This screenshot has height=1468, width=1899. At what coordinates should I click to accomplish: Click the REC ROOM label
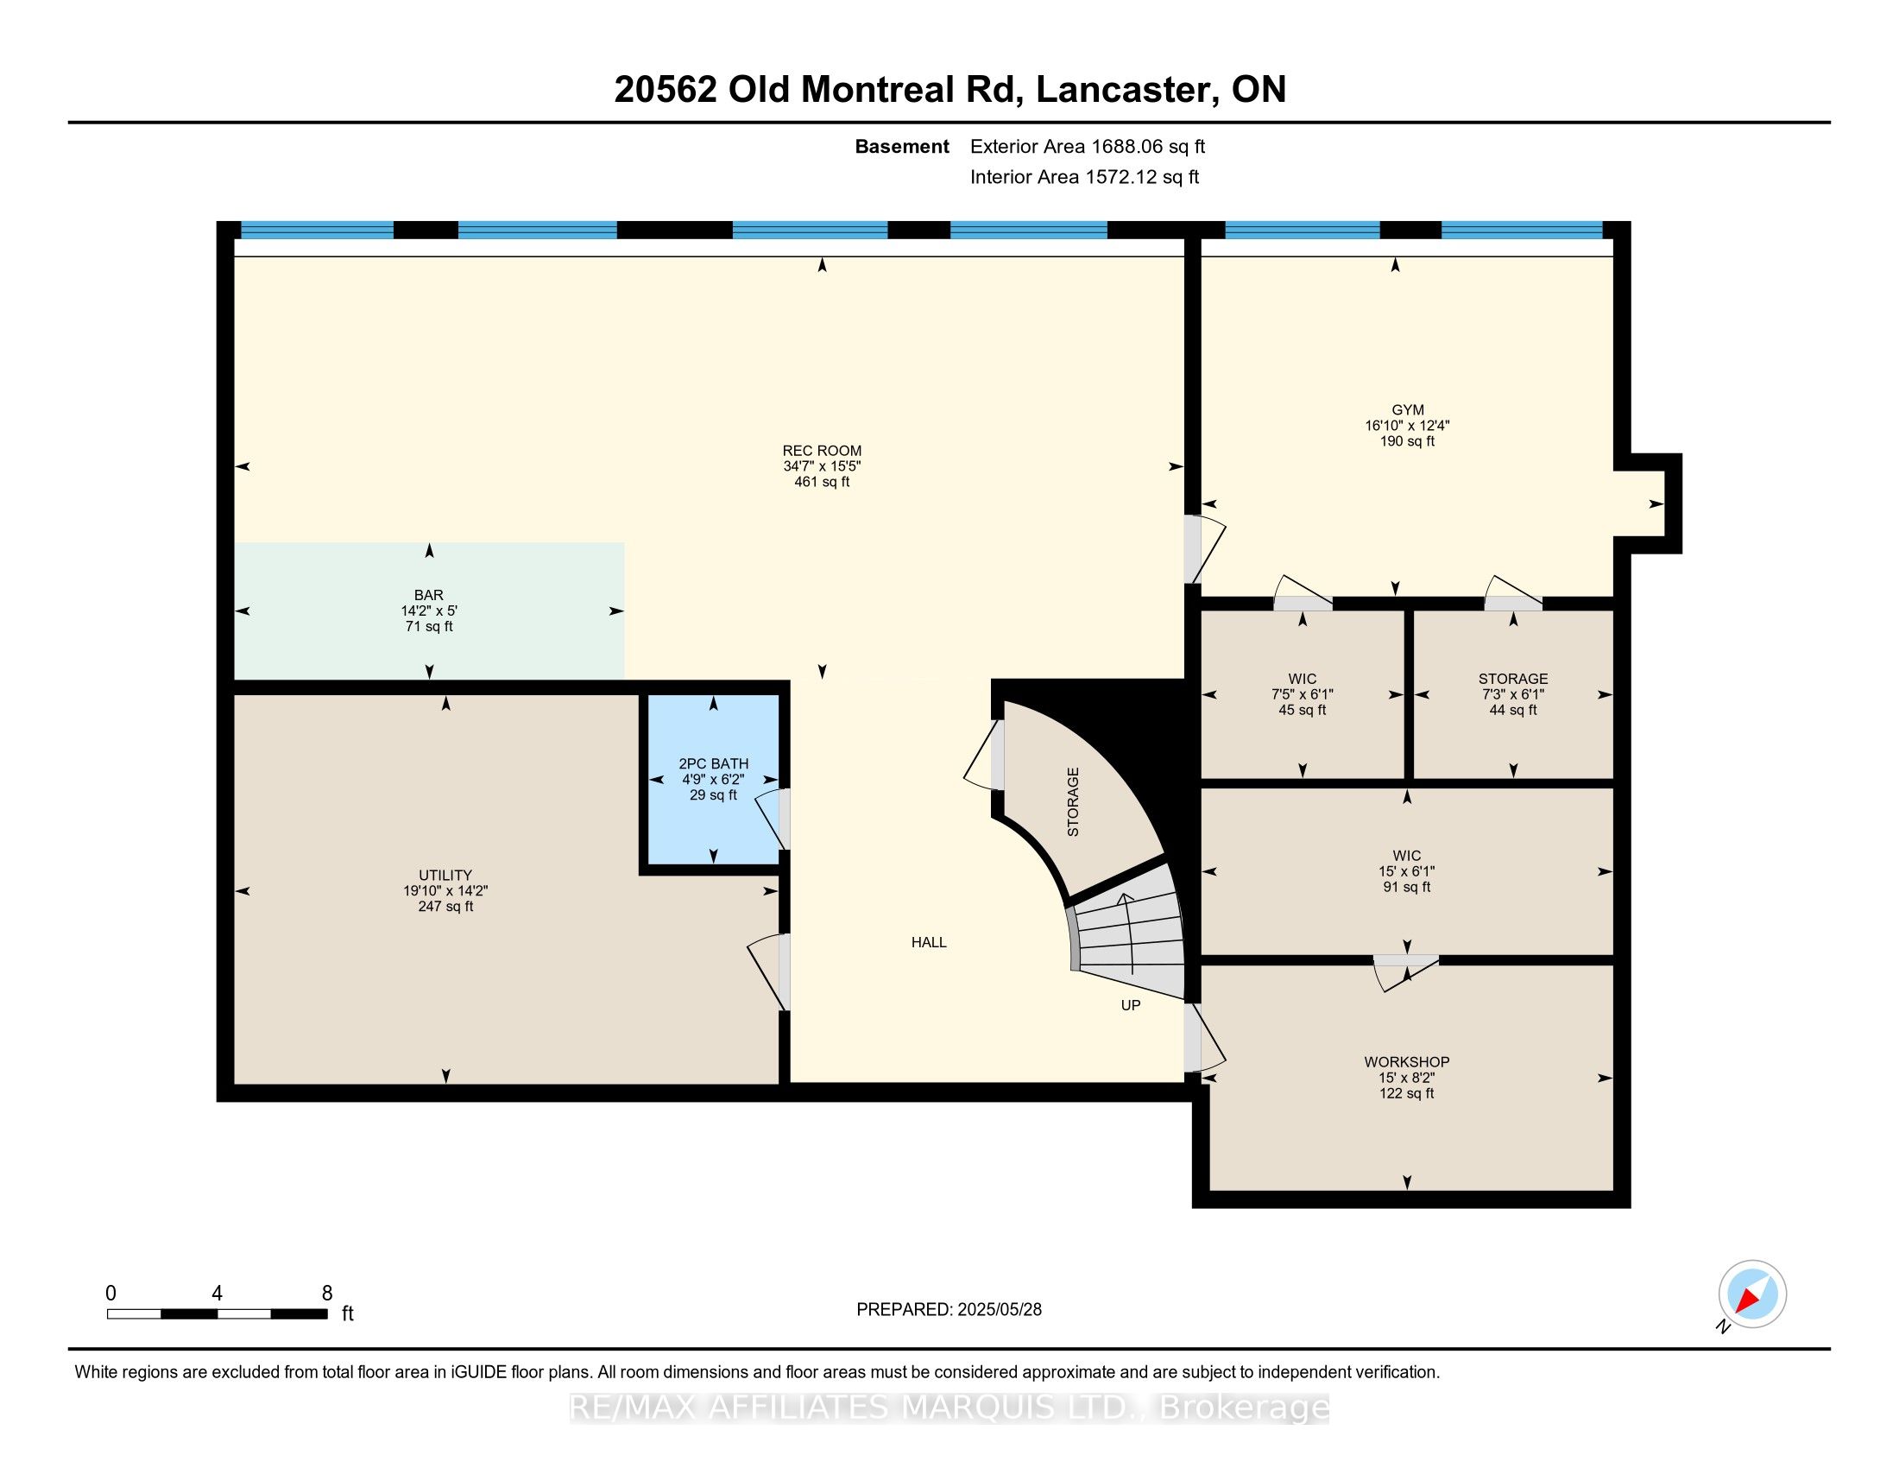tap(822, 451)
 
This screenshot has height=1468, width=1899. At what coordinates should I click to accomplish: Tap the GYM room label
tap(1408, 409)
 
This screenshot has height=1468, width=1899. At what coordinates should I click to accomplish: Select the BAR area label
tap(429, 595)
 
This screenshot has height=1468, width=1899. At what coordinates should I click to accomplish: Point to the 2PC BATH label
tap(713, 763)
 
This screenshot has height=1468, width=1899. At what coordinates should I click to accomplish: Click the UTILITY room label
tap(445, 875)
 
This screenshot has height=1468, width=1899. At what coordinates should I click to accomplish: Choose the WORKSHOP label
tap(1407, 1062)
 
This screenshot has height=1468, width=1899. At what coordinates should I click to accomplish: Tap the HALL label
tap(929, 942)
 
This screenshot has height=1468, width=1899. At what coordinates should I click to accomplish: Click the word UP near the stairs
tap(1131, 1005)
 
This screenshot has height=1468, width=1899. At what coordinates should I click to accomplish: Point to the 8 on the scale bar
tap(327, 1294)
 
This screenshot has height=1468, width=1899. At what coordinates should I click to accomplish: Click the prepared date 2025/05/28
tap(998, 1310)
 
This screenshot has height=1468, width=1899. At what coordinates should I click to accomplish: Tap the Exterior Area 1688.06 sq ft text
tap(1088, 146)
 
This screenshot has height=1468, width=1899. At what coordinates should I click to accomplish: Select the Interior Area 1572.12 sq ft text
tap(1084, 176)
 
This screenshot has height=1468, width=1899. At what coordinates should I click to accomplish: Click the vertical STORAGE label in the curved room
tap(1073, 802)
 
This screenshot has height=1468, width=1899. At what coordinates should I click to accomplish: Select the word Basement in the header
tap(902, 146)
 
